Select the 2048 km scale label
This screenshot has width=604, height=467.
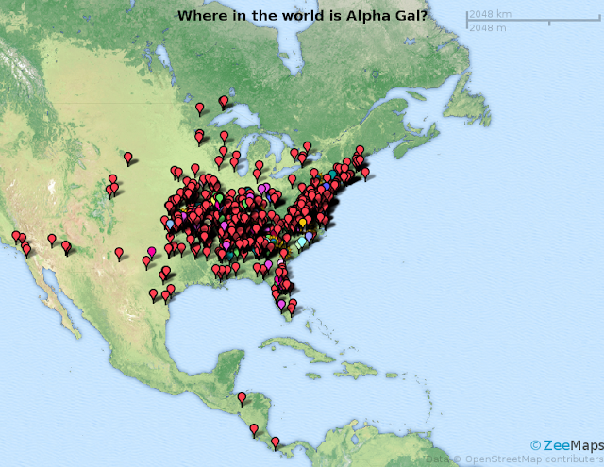click(x=491, y=14)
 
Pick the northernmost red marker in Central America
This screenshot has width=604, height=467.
click(x=242, y=397)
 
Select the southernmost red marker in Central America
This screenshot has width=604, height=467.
click(x=275, y=441)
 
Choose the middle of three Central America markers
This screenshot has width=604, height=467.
click(x=253, y=428)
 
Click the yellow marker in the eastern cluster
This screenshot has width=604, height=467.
click(x=302, y=224)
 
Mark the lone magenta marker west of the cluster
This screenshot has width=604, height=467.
click(x=151, y=252)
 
